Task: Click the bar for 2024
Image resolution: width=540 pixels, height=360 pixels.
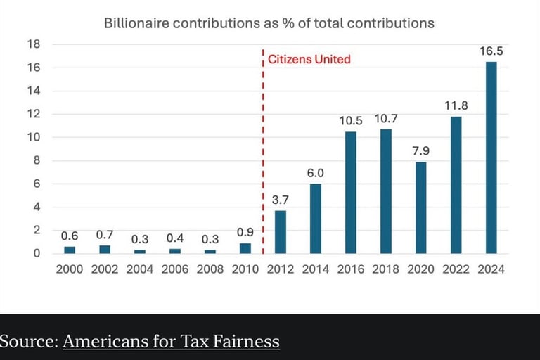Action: pyautogui.click(x=491, y=157)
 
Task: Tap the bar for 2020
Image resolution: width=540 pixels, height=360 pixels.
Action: pyautogui.click(x=420, y=207)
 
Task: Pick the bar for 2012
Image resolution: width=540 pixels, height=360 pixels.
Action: pyautogui.click(x=280, y=231)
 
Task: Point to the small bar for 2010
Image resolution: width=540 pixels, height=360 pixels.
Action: pyautogui.click(x=245, y=248)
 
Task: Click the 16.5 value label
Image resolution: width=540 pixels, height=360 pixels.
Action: pyautogui.click(x=491, y=51)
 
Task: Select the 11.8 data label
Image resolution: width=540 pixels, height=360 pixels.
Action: pyautogui.click(x=456, y=105)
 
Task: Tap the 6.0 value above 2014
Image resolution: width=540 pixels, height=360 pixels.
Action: pyautogui.click(x=315, y=173)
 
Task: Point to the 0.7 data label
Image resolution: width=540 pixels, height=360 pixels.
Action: pyautogui.click(x=105, y=235)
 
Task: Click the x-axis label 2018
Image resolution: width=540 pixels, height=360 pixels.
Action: pyautogui.click(x=385, y=269)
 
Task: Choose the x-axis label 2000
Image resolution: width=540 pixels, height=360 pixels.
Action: pyautogui.click(x=69, y=269)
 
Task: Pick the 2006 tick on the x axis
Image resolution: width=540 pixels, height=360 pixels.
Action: pyautogui.click(x=174, y=269)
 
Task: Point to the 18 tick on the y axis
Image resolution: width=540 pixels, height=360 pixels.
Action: pyautogui.click(x=33, y=44)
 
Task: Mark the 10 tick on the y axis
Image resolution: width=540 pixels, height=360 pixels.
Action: pyautogui.click(x=33, y=137)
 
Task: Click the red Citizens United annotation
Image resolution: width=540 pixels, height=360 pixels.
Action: pyautogui.click(x=309, y=59)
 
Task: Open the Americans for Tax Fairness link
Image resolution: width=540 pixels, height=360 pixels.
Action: pyautogui.click(x=171, y=342)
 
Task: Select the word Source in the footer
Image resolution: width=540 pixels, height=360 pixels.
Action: pyautogui.click(x=27, y=342)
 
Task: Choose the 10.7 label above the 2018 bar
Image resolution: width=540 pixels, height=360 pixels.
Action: pyautogui.click(x=385, y=119)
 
